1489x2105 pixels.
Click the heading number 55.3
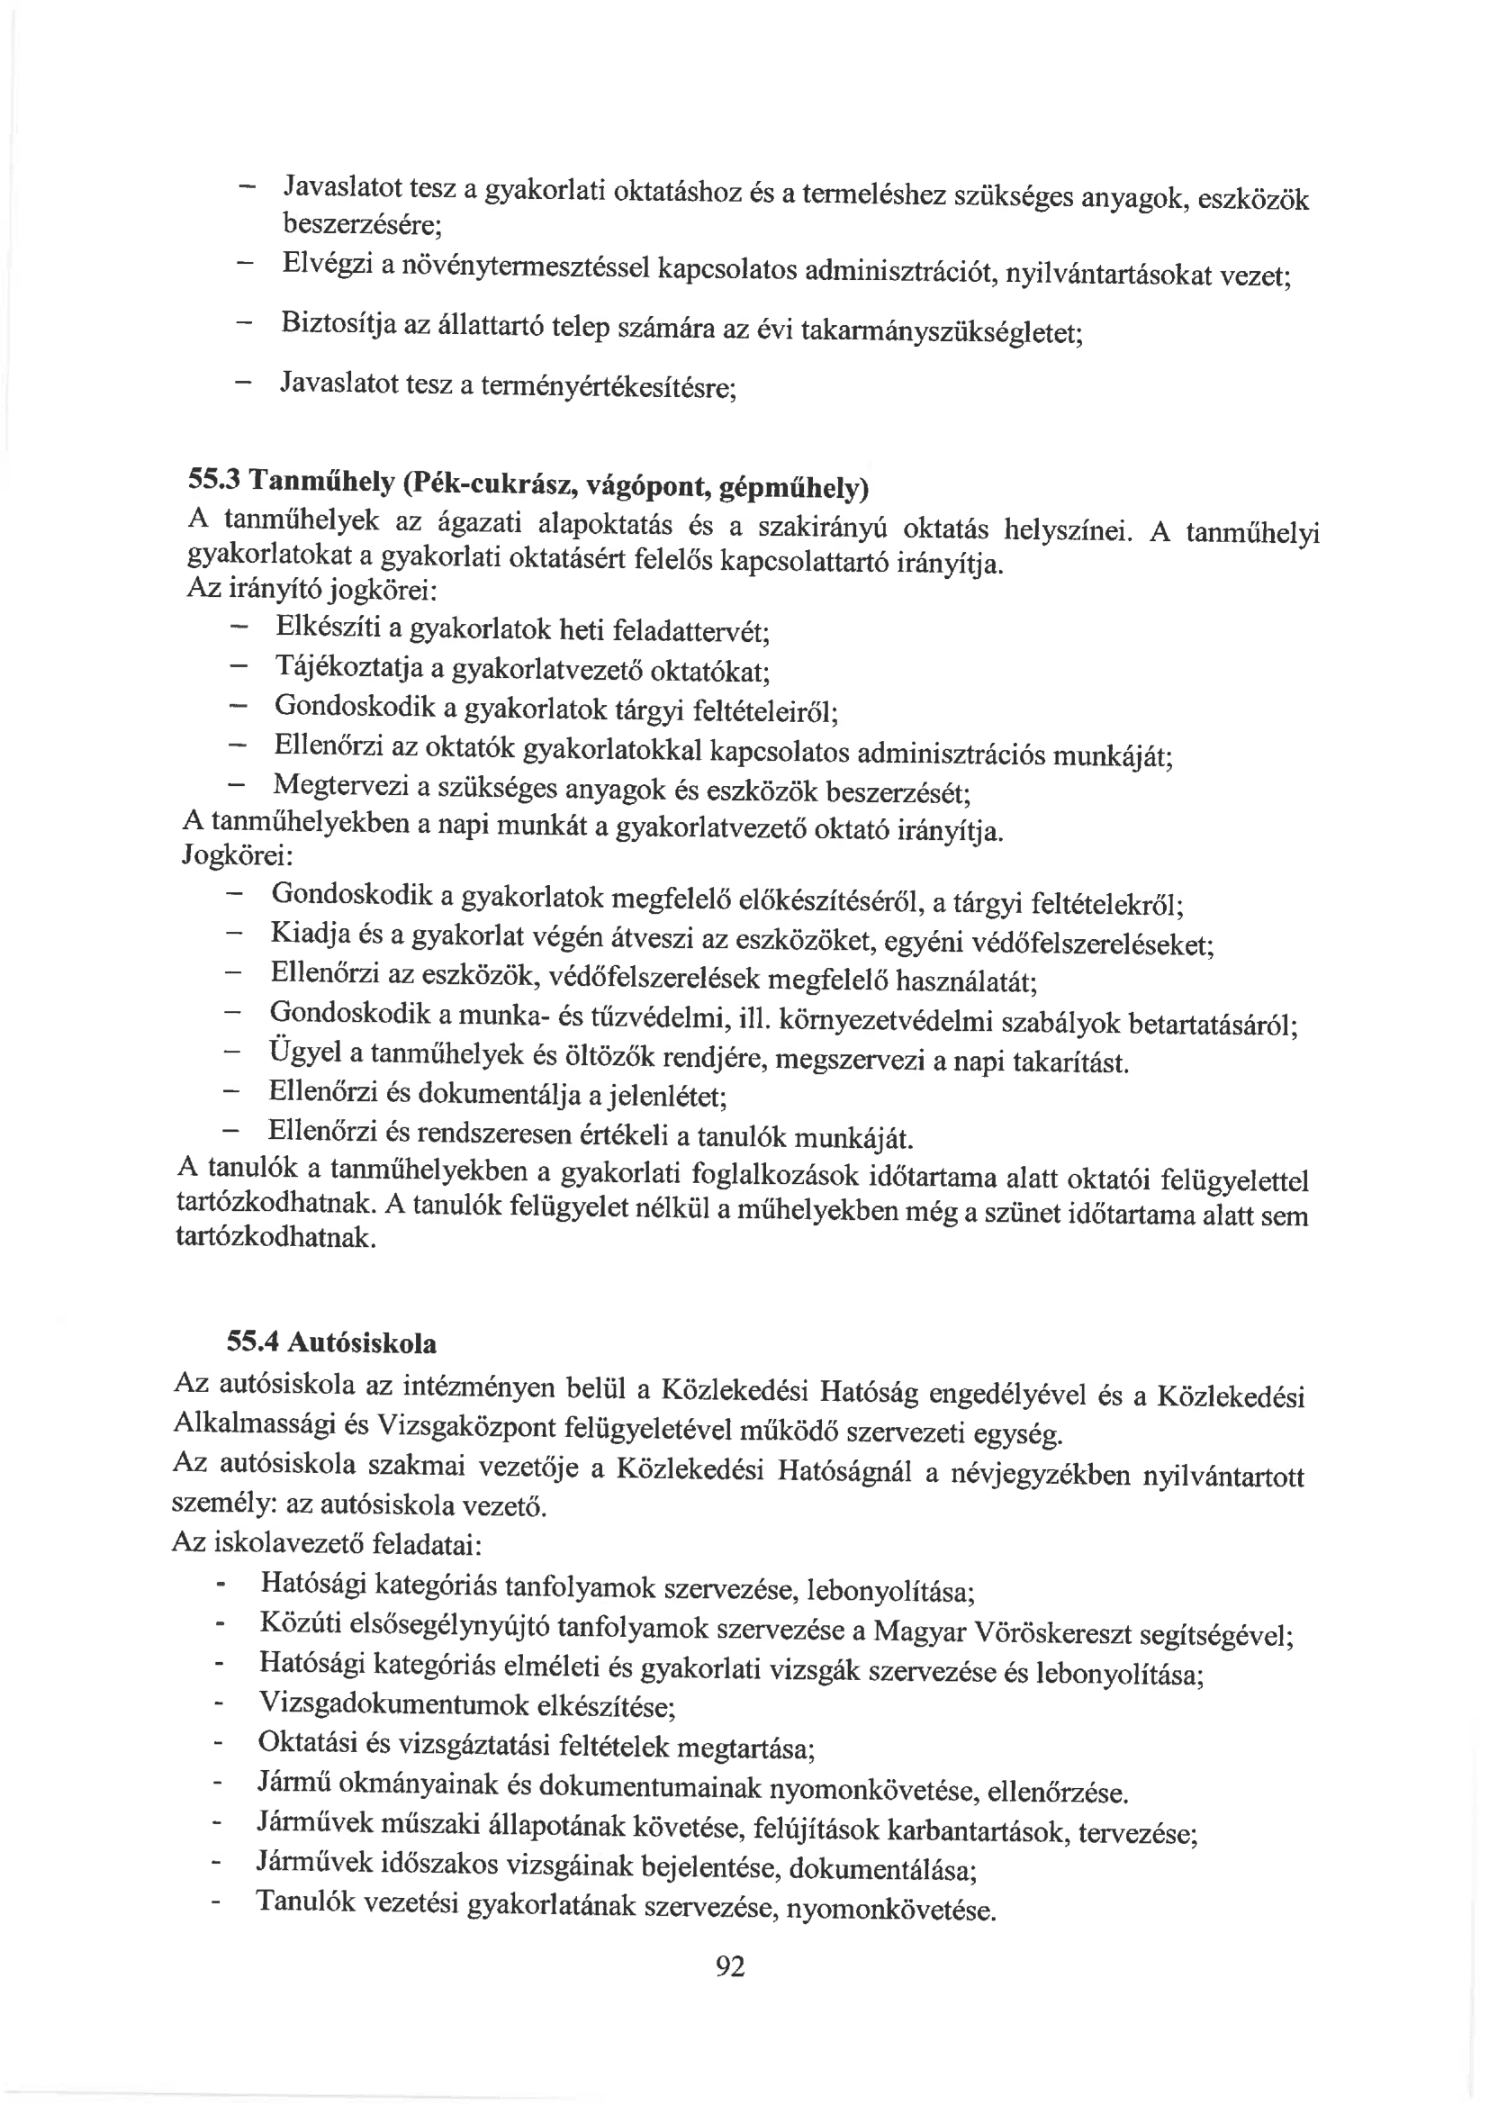pos(213,479)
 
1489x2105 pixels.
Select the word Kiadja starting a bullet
pos(309,935)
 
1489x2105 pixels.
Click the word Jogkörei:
pos(238,856)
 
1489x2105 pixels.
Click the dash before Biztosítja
pos(244,322)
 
